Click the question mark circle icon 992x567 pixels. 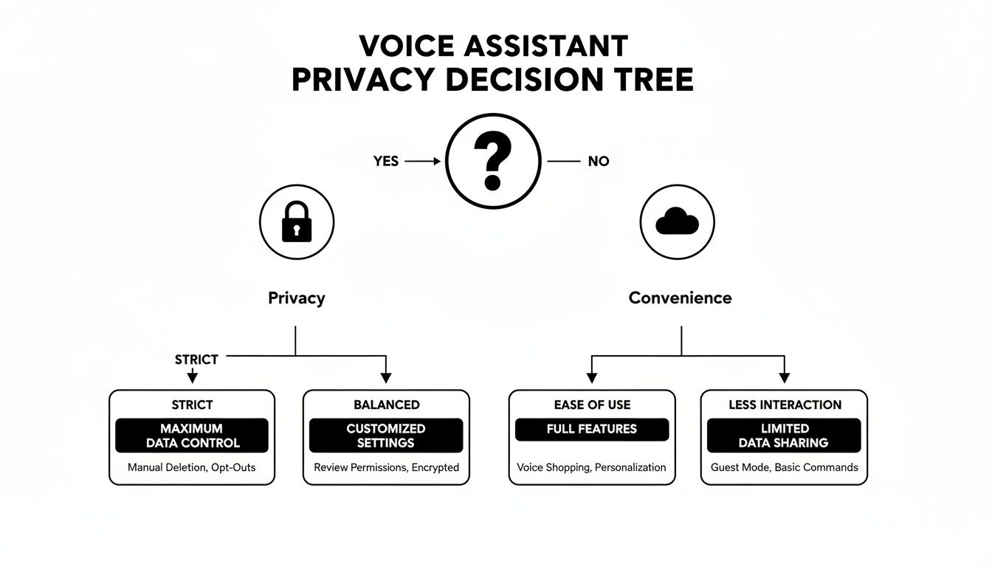(492, 160)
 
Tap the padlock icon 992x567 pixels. (297, 221)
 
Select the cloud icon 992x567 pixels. (677, 221)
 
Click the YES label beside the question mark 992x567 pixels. (385, 161)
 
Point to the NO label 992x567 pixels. (598, 161)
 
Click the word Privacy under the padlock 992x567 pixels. (296, 298)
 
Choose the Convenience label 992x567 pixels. (680, 298)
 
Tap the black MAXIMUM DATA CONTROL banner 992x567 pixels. (192, 436)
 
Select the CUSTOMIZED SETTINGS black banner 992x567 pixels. (386, 436)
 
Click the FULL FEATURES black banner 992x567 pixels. (591, 429)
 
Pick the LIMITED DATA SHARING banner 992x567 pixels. (784, 436)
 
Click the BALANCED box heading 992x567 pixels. (386, 405)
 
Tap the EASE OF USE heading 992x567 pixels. (591, 405)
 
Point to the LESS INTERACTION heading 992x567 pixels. (784, 405)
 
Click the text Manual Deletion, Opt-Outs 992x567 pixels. (192, 467)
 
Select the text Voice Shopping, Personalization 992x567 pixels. (591, 467)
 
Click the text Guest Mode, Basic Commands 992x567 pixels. (784, 467)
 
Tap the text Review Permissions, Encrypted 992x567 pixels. (386, 467)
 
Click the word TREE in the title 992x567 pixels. (654, 79)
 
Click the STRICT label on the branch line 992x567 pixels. (196, 360)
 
